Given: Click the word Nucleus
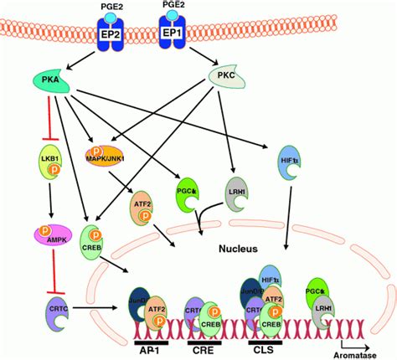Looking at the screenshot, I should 225,248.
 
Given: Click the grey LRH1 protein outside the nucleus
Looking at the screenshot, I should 236,193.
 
